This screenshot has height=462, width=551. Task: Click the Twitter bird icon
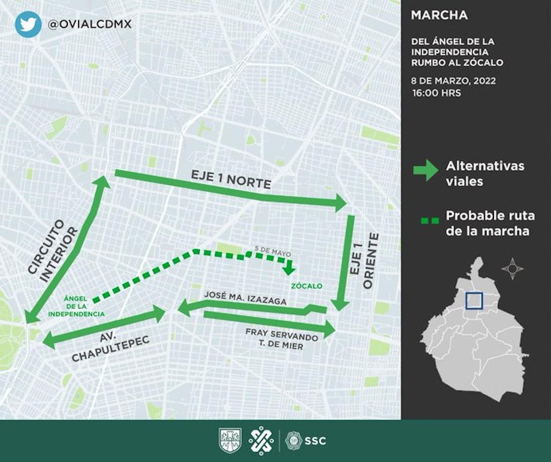pos(28,24)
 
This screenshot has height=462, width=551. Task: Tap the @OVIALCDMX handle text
pos(89,24)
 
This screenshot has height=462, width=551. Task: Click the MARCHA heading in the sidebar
pos(439,15)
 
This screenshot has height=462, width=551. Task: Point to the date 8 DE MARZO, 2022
pos(453,81)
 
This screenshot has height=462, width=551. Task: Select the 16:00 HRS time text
pos(437,92)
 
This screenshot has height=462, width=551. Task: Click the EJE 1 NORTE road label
pos(231,180)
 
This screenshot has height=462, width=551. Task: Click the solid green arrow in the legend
pos(425,170)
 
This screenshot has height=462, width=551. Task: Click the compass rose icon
pos(512,269)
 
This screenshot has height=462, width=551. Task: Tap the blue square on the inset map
pos(474,301)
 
